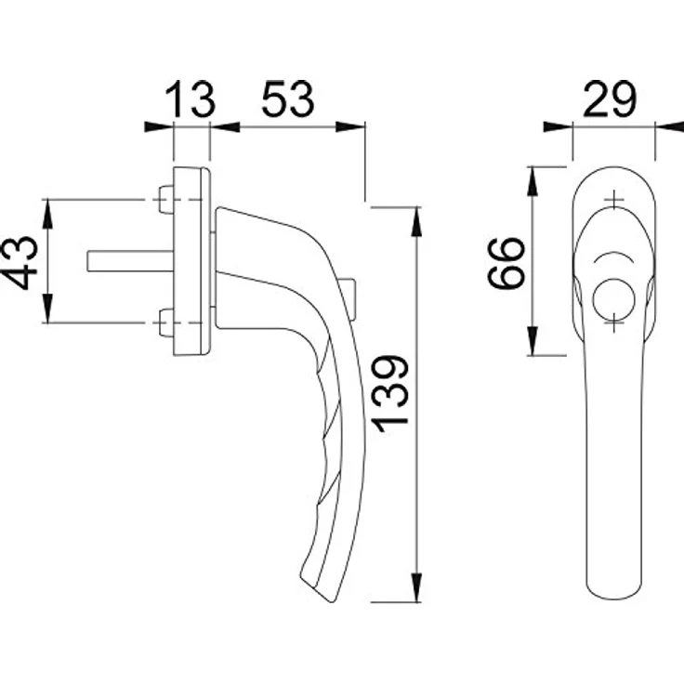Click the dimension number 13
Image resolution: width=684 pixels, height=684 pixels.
(x=191, y=99)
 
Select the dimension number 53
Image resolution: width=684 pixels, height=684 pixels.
(x=287, y=99)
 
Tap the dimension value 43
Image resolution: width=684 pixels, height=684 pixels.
(x=19, y=263)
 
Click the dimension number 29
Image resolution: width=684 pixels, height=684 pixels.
(x=610, y=99)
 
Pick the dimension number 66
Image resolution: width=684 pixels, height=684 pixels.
(x=506, y=263)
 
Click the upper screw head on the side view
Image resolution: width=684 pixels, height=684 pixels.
(x=165, y=200)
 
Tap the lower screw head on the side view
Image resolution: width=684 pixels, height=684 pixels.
(x=165, y=322)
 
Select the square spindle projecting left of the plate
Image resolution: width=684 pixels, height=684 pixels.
(x=130, y=261)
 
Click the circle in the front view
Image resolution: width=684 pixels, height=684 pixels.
(x=613, y=299)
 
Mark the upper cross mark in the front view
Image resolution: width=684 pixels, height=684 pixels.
(x=613, y=200)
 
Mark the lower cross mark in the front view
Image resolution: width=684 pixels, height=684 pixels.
(x=613, y=323)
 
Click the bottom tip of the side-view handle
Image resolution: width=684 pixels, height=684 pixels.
(x=332, y=602)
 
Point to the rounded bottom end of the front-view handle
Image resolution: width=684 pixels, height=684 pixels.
(x=613, y=602)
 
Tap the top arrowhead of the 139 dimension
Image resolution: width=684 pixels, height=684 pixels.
(x=417, y=222)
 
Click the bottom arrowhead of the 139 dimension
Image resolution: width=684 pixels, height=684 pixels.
(x=417, y=587)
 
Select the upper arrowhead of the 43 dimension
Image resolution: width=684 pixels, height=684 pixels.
(x=47, y=214)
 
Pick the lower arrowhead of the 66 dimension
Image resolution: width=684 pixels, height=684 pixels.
(x=533, y=341)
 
